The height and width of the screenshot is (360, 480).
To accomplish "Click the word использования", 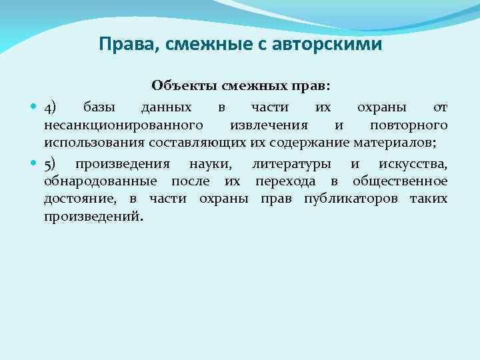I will click(96, 142).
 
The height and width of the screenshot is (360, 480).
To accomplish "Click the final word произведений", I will click(93, 217).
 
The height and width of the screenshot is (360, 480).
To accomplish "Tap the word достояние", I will click(81, 199).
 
